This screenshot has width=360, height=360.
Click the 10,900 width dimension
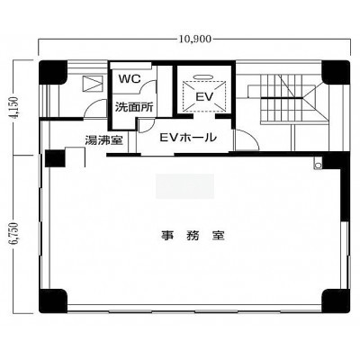click(x=195, y=39)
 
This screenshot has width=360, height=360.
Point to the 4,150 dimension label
click(x=15, y=108)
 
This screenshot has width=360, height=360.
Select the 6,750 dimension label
click(x=15, y=235)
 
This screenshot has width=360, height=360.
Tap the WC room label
click(x=130, y=79)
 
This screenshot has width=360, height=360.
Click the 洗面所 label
click(x=134, y=107)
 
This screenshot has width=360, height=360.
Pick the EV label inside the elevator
click(x=204, y=97)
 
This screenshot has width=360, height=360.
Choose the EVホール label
click(x=188, y=138)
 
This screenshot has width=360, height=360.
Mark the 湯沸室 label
click(x=103, y=140)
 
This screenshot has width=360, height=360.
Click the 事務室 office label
click(x=193, y=235)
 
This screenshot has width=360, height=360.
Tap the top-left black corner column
click(x=53, y=72)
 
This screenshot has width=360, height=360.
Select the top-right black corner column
click(x=336, y=72)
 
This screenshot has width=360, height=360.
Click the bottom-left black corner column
click(x=53, y=301)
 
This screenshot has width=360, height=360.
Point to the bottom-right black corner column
click(x=336, y=301)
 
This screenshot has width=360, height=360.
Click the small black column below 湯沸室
click(x=55, y=158)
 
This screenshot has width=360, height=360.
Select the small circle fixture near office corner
click(x=318, y=165)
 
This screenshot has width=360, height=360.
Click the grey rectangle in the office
click(x=184, y=186)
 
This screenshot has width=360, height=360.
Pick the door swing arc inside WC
click(x=148, y=86)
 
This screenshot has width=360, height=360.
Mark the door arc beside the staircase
click(x=247, y=139)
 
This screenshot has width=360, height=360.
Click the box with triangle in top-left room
click(x=93, y=84)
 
